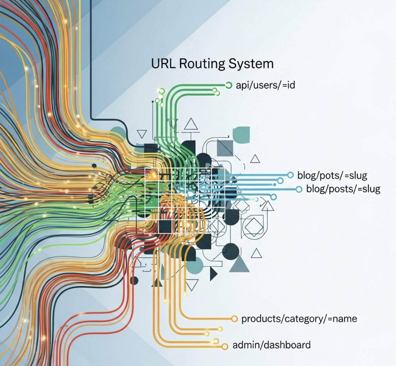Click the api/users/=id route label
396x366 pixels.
pos(265,85)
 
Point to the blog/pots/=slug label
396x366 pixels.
pos(332,175)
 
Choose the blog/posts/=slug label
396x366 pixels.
pos(343,189)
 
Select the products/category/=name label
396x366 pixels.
pos(299,318)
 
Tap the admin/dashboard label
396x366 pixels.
pos(271,345)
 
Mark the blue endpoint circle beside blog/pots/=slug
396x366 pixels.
pos(290,175)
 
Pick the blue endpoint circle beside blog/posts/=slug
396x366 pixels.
pos(299,189)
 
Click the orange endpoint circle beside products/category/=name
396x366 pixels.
pos(234,318)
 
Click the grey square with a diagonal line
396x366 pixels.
pos(225,148)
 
